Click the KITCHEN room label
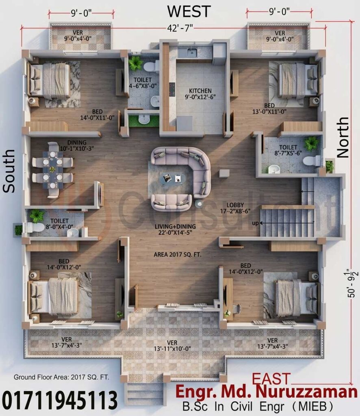200,91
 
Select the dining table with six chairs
52,170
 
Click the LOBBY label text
235,205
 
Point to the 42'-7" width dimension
180,28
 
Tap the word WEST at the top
189,11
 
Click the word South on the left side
9,171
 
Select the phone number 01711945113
60,400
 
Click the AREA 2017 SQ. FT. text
178,255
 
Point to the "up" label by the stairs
255,223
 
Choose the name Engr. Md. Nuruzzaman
266,392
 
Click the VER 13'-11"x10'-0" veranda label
172,346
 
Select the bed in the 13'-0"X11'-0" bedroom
293,79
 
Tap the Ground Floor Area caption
61,377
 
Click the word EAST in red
271,379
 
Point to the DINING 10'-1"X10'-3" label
77,146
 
